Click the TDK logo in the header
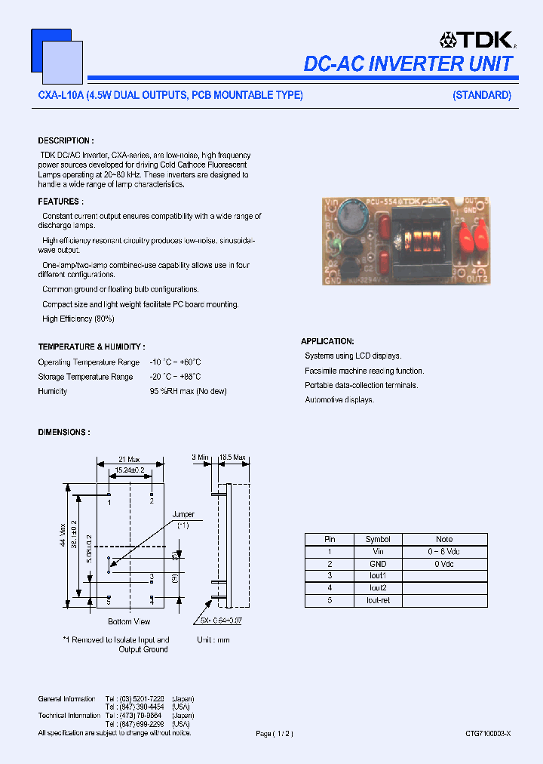[x=477, y=40]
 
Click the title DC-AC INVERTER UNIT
[x=408, y=64]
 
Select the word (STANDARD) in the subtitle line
[x=482, y=95]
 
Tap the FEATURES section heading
[x=60, y=202]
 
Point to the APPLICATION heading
[x=327, y=341]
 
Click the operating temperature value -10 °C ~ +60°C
[x=175, y=362]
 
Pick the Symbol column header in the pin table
[x=378, y=539]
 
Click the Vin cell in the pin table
[x=378, y=552]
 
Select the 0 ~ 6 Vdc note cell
[x=444, y=552]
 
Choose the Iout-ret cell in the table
[x=378, y=600]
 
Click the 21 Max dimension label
[x=130, y=459]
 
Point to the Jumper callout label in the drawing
[x=183, y=515]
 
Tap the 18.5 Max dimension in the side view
[x=233, y=457]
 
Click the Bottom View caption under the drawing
[x=129, y=621]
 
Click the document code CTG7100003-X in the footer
[x=488, y=733]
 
